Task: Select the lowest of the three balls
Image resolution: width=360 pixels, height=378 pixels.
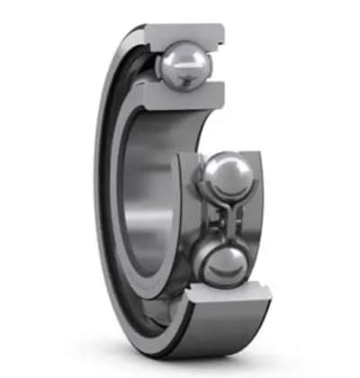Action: click(220, 266)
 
